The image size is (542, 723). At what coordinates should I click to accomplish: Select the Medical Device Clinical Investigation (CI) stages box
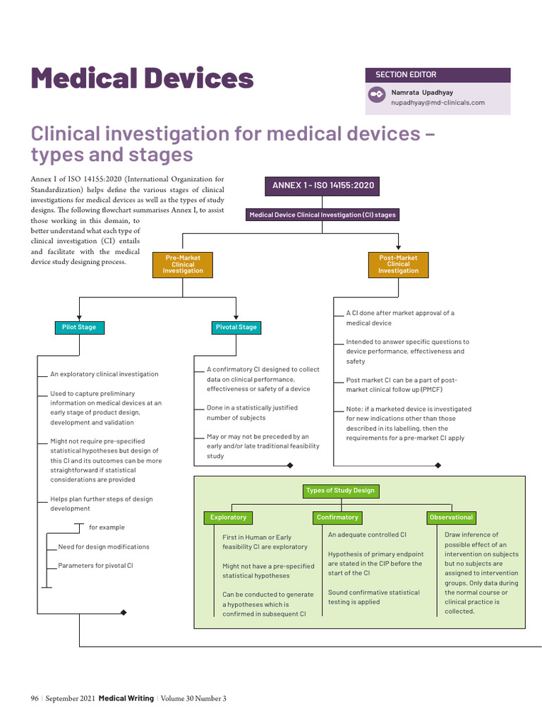323,215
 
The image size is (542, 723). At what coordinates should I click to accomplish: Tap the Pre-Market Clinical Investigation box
183,265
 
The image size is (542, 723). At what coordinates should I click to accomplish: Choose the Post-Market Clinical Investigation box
398,265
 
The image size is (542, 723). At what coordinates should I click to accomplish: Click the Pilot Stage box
79,328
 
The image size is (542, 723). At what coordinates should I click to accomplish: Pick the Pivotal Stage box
236,328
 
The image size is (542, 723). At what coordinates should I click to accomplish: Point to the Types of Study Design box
341,491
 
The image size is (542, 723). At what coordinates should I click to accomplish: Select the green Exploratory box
228,518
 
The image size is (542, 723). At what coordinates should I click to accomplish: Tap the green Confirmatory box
337,518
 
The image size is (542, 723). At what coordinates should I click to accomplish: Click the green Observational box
451,518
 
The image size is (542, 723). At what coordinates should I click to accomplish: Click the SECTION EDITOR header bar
438,75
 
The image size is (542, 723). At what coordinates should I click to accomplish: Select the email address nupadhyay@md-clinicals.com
438,103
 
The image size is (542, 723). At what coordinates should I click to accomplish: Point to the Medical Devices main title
142,78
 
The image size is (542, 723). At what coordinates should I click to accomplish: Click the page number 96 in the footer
34,699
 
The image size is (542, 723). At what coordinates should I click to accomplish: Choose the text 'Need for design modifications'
104,547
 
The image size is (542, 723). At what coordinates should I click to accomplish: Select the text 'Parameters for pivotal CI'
95,566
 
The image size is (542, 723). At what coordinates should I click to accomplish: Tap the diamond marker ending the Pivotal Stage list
289,465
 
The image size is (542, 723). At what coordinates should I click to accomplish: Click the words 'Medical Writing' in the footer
126,699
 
